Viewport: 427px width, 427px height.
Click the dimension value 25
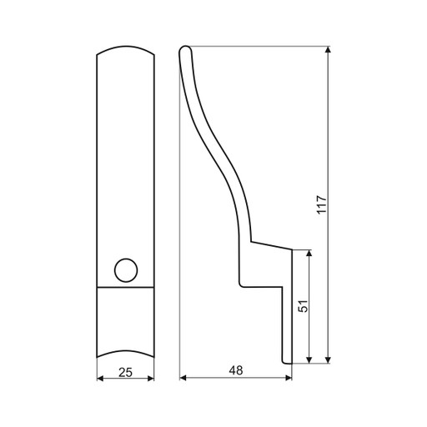tap(125, 372)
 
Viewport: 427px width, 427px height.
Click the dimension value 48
tap(236, 370)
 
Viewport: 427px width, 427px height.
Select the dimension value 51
tap(304, 306)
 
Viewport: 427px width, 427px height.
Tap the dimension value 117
tap(322, 204)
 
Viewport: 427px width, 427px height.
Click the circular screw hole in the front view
tap(126, 270)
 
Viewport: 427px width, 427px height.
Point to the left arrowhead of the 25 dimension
tap(100, 379)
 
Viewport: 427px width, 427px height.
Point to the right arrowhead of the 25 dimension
tap(151, 379)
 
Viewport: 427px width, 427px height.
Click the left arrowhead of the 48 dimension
tap(183, 378)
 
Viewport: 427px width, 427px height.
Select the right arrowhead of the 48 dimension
tap(289, 378)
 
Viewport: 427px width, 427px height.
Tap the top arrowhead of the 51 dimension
tap(309, 254)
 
